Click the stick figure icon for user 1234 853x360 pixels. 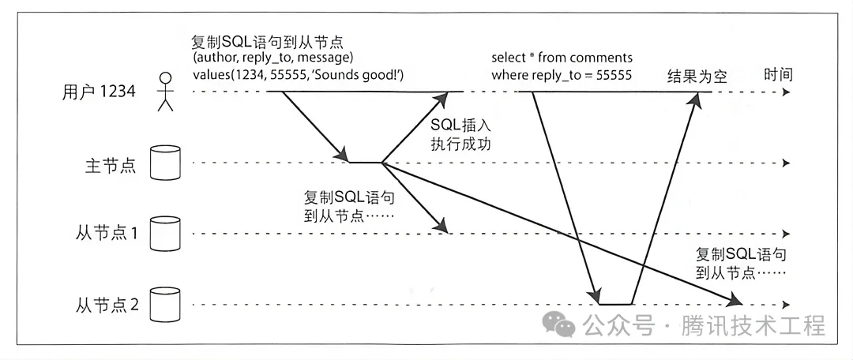click(x=165, y=92)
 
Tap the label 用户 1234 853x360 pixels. click(x=99, y=92)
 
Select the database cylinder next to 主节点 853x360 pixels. click(x=166, y=162)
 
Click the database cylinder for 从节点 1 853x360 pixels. click(x=166, y=233)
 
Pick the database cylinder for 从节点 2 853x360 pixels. click(x=166, y=303)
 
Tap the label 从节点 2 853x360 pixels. click(x=107, y=304)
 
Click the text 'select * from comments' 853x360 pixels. click(x=562, y=58)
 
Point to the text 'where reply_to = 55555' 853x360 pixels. click(x=561, y=76)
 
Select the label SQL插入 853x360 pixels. click(x=461, y=126)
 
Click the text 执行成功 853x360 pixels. click(x=461, y=144)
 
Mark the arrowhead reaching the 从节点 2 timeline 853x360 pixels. click(x=736, y=301)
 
